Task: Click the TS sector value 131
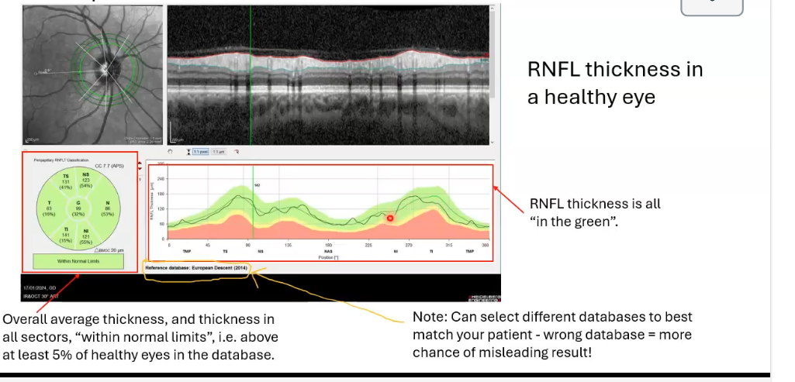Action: (x=66, y=182)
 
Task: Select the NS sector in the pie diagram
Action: (x=86, y=181)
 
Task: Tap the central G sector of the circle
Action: (x=78, y=208)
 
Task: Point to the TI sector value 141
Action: (x=65, y=234)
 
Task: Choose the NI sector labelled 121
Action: (x=87, y=234)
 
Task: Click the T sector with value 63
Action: (x=49, y=208)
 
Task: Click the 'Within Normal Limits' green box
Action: (x=78, y=261)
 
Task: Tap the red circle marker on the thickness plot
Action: (x=390, y=219)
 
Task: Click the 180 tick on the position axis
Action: (x=328, y=245)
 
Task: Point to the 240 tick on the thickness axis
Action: (x=161, y=178)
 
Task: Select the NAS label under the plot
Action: (x=328, y=252)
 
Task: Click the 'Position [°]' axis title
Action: (x=328, y=257)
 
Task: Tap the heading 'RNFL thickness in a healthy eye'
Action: (x=615, y=83)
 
